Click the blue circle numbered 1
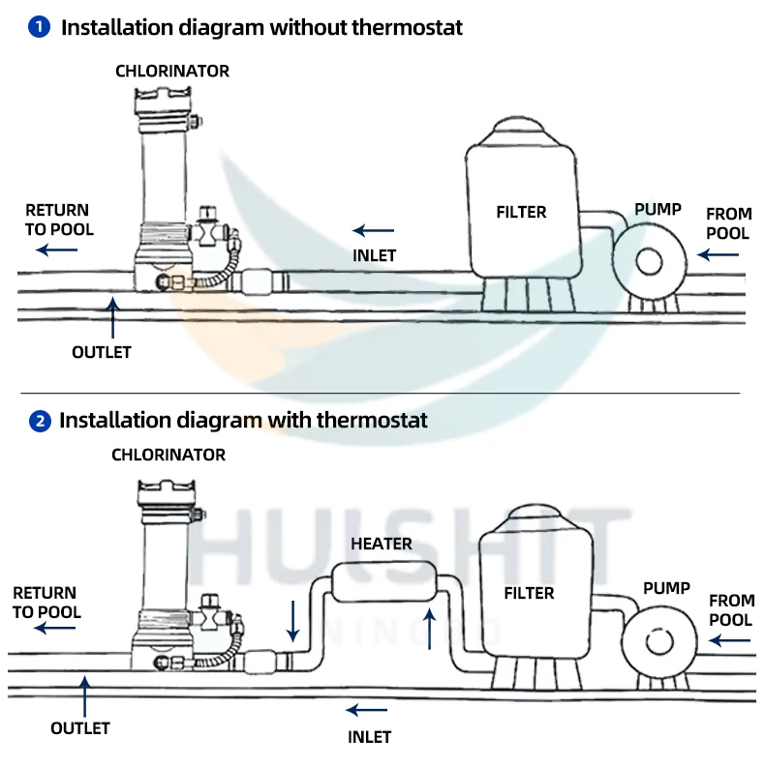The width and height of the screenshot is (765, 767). point(39,27)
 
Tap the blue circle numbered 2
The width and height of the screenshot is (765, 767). point(40,421)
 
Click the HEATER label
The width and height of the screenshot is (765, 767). point(382,544)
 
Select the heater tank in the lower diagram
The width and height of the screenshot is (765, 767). point(384,581)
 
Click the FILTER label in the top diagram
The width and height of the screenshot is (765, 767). point(521,212)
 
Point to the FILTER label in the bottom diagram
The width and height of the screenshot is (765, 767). point(529,593)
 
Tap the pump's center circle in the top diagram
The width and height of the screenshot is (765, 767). point(650,262)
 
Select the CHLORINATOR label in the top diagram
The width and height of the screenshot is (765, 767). point(172,72)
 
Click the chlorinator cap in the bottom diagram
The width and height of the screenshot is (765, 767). point(167,492)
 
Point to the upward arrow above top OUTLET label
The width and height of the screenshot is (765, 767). point(113,317)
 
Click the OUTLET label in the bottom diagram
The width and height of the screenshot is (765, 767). point(80,728)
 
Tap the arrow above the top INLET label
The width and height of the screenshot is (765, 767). point(373,230)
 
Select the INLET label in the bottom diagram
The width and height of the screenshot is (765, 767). point(369,737)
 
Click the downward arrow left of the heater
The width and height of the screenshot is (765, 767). point(292,621)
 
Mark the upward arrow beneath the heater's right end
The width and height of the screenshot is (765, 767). point(430,629)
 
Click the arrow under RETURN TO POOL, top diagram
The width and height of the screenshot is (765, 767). point(57,250)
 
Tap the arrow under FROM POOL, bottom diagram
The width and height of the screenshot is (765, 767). point(729,640)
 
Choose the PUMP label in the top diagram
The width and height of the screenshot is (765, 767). point(658,209)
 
